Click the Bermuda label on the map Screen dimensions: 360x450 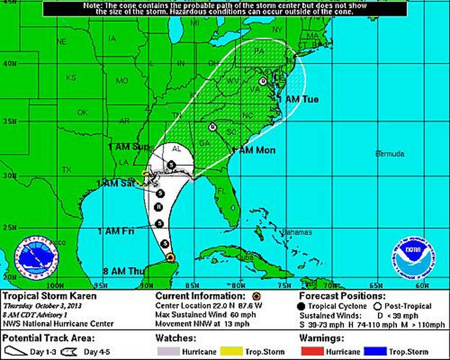(390, 154)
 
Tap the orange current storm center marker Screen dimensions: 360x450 (171, 257)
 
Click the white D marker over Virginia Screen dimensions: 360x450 (263, 81)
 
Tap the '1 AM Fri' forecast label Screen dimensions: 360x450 (116, 231)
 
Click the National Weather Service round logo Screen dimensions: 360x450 (36, 258)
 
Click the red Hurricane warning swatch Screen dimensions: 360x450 (311, 351)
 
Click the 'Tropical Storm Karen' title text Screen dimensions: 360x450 (49, 296)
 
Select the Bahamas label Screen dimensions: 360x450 (297, 232)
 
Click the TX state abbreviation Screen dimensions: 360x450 (66, 169)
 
